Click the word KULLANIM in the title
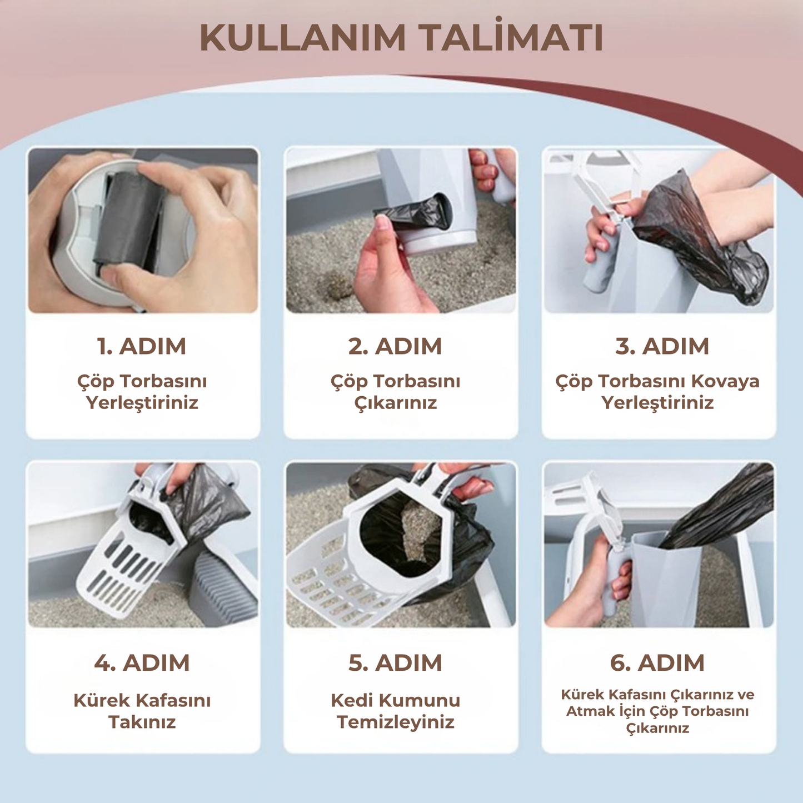tap(302, 38)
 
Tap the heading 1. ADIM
tap(142, 346)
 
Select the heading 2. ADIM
tap(395, 346)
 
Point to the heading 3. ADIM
tap(662, 346)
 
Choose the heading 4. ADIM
tap(142, 663)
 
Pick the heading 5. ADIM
tap(395, 663)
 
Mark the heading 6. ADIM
tap(657, 663)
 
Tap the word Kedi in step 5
tap(351, 700)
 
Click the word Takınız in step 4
tap(142, 722)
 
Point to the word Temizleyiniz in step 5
tap(395, 722)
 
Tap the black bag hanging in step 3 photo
tap(706, 239)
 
